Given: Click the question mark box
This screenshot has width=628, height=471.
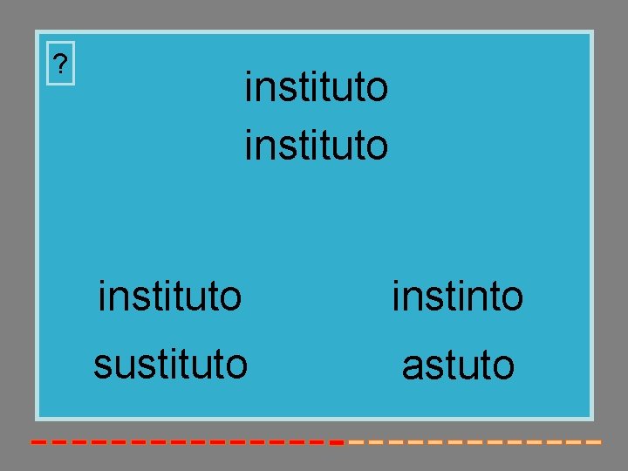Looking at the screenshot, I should pos(59,64).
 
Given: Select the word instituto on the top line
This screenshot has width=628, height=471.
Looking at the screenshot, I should pos(316,88).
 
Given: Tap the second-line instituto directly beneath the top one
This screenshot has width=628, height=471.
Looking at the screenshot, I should pos(316,144).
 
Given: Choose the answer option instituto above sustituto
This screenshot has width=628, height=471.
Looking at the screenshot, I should pos(170,296).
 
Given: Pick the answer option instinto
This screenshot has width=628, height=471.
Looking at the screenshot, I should pos(458,296).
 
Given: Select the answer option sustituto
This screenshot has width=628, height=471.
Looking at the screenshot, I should pos(170,364).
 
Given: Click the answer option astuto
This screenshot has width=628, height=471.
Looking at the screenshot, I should pos(458,365).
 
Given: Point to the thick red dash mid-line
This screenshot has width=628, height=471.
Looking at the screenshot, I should pos(337,442).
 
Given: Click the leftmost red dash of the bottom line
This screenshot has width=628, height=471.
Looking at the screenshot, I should pos(38,442).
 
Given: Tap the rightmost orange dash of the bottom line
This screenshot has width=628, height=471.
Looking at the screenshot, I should pos(594,442).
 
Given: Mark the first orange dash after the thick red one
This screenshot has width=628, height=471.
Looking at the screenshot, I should pos(355,442).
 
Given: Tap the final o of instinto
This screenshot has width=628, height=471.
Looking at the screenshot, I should pos(512,298).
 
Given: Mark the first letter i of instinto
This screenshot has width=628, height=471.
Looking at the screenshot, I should pos(397,296).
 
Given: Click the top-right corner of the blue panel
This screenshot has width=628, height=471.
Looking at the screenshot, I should pos(590,34).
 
